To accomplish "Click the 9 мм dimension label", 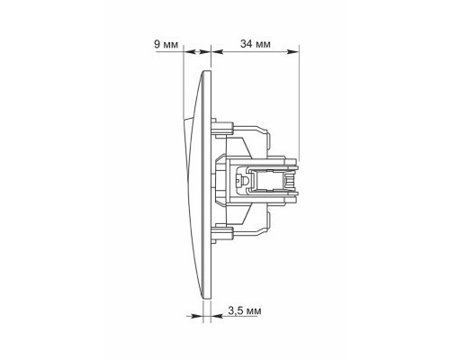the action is tap(166, 44).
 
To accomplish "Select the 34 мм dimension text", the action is tap(256, 44).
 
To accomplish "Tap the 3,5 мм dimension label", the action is tap(245, 310).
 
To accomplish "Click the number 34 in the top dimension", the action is tap(246, 44).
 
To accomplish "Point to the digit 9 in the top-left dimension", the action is tap(157, 44).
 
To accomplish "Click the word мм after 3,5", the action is tap(254, 311).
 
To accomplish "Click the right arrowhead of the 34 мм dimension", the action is tap(293, 51).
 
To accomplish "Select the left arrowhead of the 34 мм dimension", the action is tap(218, 51).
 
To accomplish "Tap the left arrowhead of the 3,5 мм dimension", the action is tap(197, 316).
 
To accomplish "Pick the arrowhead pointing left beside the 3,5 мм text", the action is tap(217, 316).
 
